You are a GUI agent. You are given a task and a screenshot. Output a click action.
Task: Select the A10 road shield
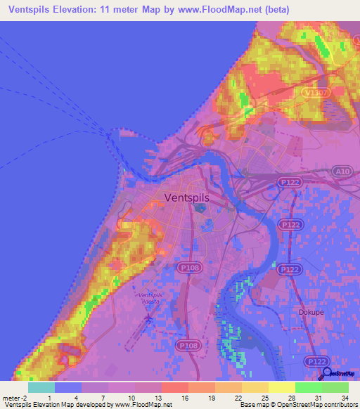coord(342,171)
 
